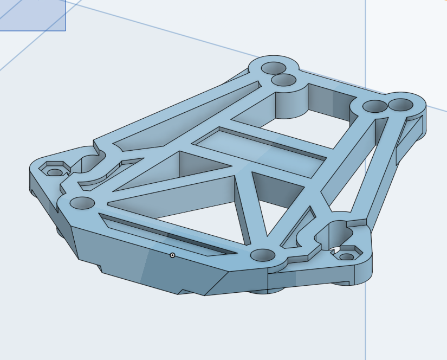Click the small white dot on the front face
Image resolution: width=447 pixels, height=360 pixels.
[x=172, y=255]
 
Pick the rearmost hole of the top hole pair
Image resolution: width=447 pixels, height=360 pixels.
[x=274, y=68]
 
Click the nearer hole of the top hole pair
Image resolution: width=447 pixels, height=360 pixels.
[x=283, y=81]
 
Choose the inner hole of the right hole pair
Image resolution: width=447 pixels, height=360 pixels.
[x=373, y=106]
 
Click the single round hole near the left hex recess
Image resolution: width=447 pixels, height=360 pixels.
[x=82, y=203]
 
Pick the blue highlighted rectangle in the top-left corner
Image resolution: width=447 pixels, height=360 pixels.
[x=33, y=15]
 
